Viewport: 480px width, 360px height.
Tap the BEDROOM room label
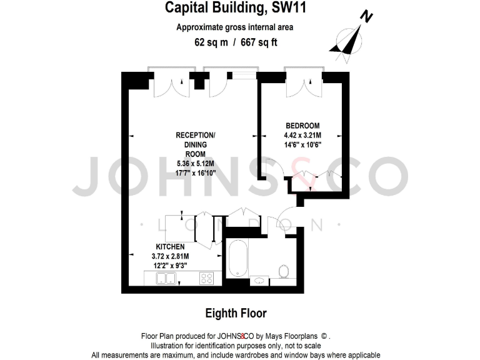[302, 125]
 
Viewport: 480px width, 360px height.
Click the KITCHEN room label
[170, 247]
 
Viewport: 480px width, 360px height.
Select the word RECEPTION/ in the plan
[195, 136]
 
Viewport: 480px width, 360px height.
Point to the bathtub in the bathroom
[237, 259]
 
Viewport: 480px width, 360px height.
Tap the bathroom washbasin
[258, 281]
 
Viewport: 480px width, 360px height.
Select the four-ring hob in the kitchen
[207, 278]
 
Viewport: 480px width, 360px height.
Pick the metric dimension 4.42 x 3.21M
[302, 134]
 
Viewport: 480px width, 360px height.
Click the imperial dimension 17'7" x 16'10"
[196, 173]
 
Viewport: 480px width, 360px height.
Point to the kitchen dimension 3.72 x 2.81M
[170, 256]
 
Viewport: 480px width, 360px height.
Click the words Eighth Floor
[236, 312]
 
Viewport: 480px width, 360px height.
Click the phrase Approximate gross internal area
[234, 27]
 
